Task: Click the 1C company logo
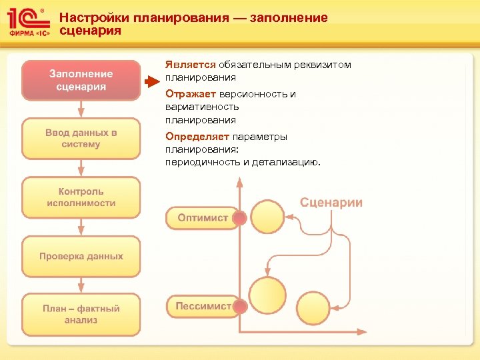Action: pos(27,23)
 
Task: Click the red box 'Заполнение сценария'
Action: pos(81,80)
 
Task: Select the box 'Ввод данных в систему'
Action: pos(81,138)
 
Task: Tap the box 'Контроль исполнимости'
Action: pos(81,197)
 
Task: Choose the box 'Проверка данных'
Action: pos(81,256)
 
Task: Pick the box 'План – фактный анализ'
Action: pos(81,314)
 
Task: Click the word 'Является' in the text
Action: pos(191,65)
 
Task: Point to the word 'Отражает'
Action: pos(189,94)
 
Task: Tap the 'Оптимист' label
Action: pos(203,217)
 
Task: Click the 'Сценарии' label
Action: pos(331,203)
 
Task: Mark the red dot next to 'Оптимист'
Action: pos(240,218)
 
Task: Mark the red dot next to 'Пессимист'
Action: pos(240,307)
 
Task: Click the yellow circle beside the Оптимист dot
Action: pos(267,217)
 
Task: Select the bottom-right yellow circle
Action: pos(313,308)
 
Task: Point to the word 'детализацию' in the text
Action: pos(286,162)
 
